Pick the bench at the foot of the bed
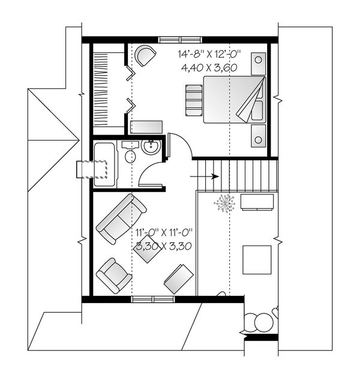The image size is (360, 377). (193, 99)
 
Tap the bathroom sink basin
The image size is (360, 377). (151, 146)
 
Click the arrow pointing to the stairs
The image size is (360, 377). (205, 176)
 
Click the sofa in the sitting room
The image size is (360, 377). (120, 219)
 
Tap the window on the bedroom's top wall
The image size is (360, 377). (176, 40)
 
